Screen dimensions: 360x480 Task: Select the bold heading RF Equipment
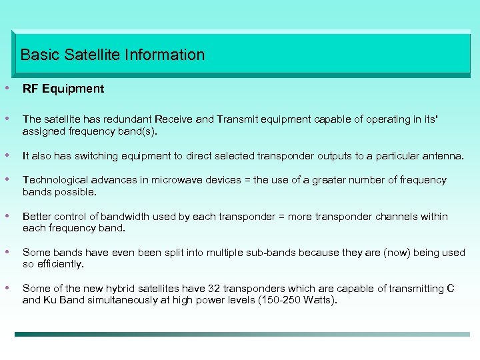[x=63, y=89]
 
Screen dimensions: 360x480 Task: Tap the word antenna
[x=445, y=156]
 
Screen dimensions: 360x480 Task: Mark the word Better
[x=37, y=217]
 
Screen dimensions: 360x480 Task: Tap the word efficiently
[x=61, y=264]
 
